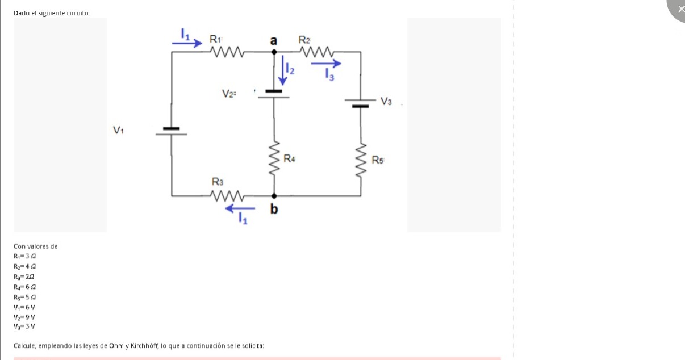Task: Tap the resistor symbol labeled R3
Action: click(x=227, y=196)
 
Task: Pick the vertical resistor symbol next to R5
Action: click(x=361, y=161)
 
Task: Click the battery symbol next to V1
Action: click(x=172, y=132)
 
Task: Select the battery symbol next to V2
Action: click(x=274, y=94)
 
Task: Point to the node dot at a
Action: click(x=274, y=52)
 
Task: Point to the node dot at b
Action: click(x=274, y=196)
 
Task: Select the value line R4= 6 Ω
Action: click(x=26, y=287)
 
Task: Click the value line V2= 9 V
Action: click(x=24, y=317)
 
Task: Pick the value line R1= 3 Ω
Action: click(x=26, y=256)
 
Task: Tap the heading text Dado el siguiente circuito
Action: click(x=52, y=12)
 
